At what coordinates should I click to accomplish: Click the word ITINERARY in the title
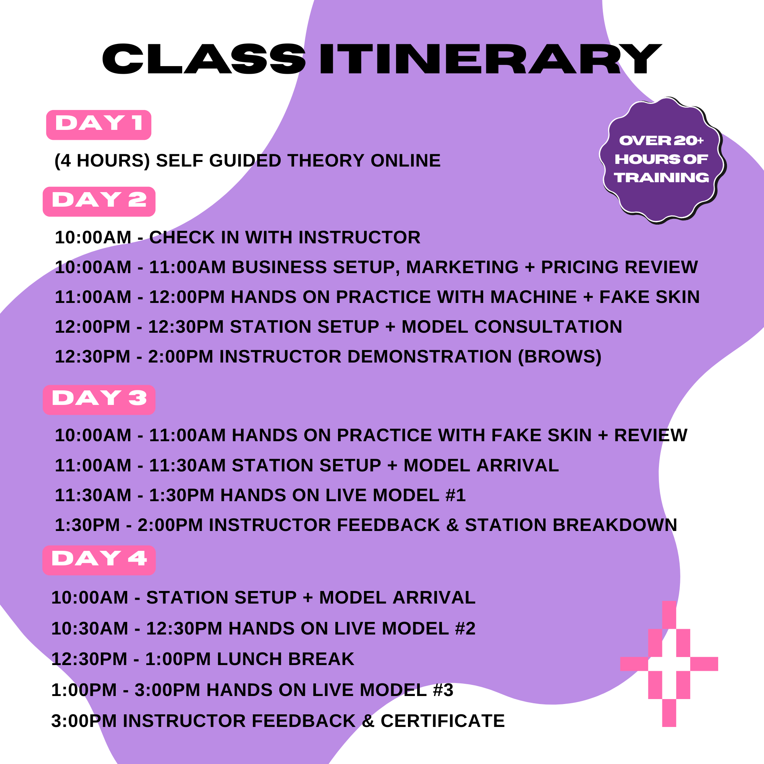tap(490, 59)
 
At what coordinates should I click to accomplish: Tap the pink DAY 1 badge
tap(99, 125)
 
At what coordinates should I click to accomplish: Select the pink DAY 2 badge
tap(99, 201)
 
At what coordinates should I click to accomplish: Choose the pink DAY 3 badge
tap(99, 400)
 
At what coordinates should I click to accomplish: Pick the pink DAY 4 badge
tap(99, 560)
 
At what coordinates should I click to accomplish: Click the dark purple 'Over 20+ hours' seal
tap(662, 160)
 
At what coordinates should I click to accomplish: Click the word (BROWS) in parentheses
tap(560, 357)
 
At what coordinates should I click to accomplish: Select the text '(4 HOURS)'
tap(102, 160)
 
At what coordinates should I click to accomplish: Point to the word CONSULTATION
tap(548, 327)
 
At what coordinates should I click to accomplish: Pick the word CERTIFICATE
tap(442, 721)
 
